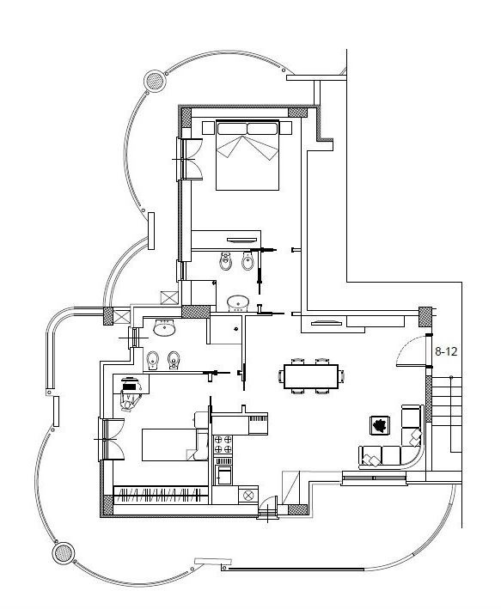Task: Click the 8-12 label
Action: [446, 351]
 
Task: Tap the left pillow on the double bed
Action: [232, 129]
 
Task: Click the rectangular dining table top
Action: [312, 376]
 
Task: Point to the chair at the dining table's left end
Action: [281, 375]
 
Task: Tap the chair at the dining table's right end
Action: [344, 375]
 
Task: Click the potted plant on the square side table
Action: [378, 424]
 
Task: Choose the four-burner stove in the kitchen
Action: [223, 446]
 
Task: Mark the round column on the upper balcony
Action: [155, 81]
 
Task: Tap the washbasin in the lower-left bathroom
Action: [164, 328]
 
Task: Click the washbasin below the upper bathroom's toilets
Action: [237, 302]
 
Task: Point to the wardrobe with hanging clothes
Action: [161, 495]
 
